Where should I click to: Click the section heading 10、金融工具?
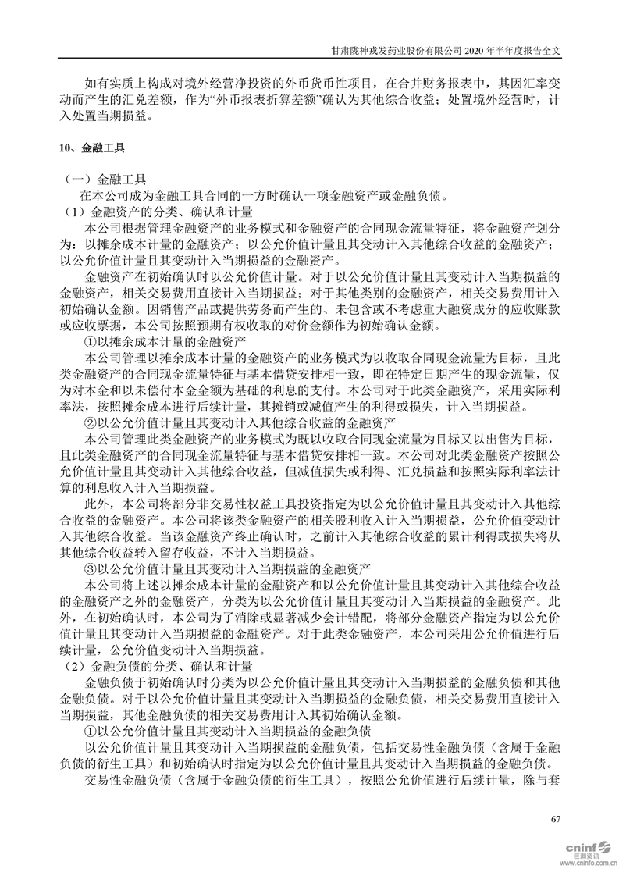pos(91,148)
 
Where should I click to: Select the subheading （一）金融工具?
pos(110,179)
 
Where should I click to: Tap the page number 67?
pos(556,818)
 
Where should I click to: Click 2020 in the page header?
pos(477,48)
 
